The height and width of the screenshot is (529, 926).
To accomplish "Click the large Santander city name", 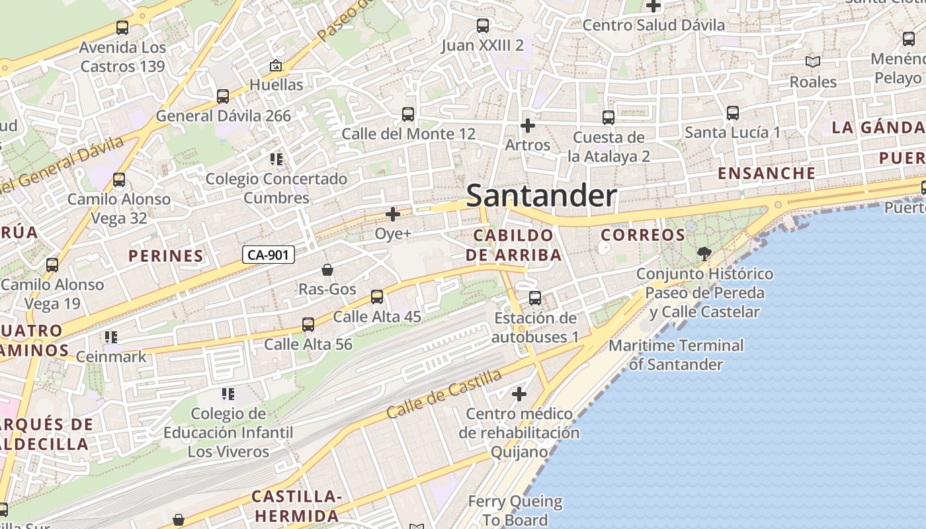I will coord(542,196).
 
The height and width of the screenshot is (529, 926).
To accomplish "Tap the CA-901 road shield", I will coord(268,255).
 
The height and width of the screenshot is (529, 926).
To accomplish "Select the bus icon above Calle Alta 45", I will coord(377,297).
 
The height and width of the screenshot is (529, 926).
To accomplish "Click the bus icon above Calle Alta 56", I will coord(308,325).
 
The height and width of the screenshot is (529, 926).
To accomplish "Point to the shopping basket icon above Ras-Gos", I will coord(327,270).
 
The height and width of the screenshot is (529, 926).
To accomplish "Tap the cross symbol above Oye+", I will coord(393,214).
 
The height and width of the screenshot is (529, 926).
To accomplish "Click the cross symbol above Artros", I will coord(527,125).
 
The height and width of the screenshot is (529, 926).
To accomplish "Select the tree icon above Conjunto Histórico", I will coord(704,253).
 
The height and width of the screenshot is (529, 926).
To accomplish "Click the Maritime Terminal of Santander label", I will coord(676,354).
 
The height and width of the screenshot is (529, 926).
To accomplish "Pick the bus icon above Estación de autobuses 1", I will coord(535,298).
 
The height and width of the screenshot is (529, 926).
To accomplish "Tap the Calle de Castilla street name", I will coord(444,394).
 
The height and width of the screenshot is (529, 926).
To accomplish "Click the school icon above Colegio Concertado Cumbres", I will coord(276,159).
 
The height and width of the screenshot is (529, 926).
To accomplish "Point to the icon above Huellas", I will coord(276,65).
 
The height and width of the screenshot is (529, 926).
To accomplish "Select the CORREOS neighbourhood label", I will coord(634,235).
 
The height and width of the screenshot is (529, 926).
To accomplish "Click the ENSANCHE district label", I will coord(767,173).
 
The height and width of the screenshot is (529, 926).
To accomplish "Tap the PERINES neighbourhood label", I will coord(166,256).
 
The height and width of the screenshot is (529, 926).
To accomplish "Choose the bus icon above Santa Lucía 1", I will coord(733,113).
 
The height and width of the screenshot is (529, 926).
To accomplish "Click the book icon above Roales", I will coord(813,62).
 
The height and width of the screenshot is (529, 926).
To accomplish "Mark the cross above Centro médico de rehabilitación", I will coord(519,394).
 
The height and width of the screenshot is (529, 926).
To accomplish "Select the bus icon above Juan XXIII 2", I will coord(483,26).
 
